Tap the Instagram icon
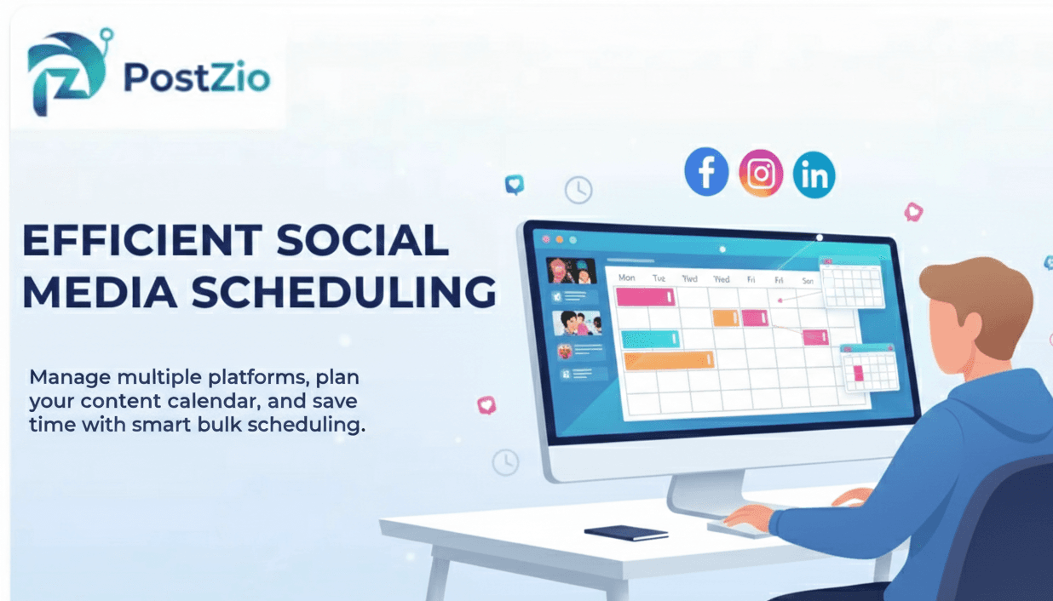pos(761,174)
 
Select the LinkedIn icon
pos(814,175)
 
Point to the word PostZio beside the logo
pos(196,78)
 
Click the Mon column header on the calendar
pos(626,278)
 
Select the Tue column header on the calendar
pos(659,278)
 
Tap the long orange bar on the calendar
pos(669,360)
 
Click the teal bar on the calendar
pos(650,339)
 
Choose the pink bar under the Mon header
pos(644,297)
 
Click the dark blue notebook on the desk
pos(626,533)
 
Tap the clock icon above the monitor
pos(578,190)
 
